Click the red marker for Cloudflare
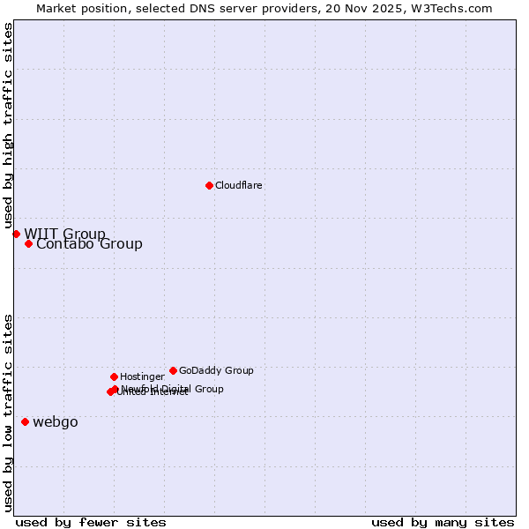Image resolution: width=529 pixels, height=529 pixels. tap(209, 185)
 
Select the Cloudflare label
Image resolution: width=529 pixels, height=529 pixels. tap(239, 186)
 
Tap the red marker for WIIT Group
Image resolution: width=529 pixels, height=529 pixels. tap(16, 234)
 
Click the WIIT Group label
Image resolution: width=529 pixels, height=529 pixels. tap(64, 234)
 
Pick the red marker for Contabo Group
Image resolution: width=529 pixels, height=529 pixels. tap(28, 243)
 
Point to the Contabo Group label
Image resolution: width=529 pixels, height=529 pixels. tap(89, 244)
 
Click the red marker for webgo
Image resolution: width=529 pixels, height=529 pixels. tap(25, 421)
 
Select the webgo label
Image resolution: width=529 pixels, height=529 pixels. tap(56, 422)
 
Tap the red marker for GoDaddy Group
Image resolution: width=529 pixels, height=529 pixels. tap(173, 370)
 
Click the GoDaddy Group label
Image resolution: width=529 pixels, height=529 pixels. tap(216, 371)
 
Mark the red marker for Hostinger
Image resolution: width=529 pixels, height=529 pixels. tap(114, 376)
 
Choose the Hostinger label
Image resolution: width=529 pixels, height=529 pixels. tap(142, 377)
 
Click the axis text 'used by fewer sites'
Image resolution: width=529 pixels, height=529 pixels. tap(91, 522)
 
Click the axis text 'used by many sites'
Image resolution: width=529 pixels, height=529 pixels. tap(443, 522)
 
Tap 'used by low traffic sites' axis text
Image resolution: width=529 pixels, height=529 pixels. tap(9, 413)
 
